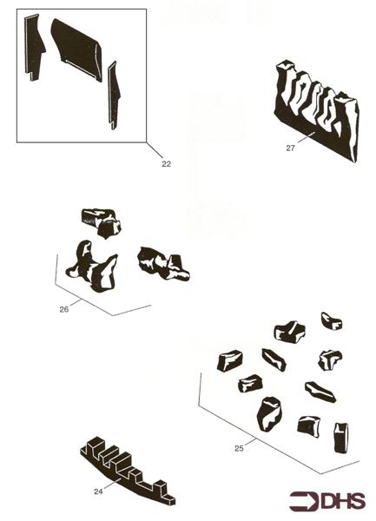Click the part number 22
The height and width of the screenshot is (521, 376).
click(x=165, y=162)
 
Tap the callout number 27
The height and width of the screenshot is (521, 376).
click(x=291, y=148)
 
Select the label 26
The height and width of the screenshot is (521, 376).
click(x=63, y=307)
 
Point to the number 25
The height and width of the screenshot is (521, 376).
click(x=239, y=448)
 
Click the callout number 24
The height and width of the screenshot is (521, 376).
click(x=99, y=491)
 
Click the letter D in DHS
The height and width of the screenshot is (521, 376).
click(x=326, y=501)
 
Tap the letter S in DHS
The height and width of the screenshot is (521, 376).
click(x=357, y=501)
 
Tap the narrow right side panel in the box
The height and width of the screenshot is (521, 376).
click(x=112, y=94)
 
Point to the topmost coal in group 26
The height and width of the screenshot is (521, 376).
click(x=101, y=221)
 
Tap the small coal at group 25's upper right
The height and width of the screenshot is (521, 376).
click(x=331, y=320)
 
